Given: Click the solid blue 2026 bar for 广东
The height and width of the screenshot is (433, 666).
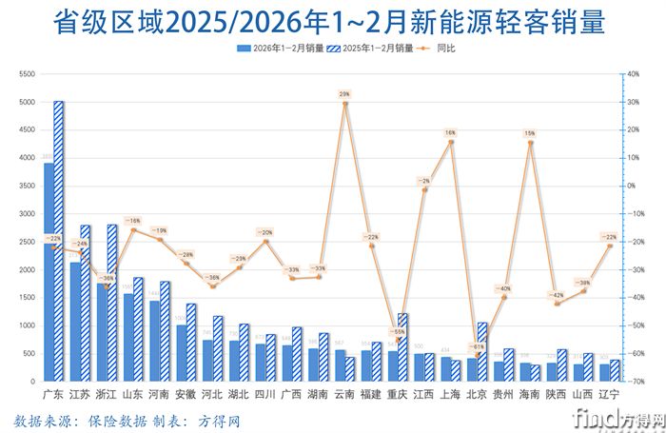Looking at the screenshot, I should (49, 276).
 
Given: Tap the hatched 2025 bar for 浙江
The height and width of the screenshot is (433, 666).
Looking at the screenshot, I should (111, 305).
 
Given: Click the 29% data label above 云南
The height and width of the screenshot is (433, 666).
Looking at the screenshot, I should (343, 94).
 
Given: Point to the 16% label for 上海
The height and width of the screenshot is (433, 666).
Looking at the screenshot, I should (450, 133).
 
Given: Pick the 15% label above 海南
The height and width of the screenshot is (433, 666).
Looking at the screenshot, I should (530, 134).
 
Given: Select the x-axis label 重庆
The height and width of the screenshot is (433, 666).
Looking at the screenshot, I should (398, 393).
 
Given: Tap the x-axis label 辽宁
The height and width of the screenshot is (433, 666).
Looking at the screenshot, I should (610, 393).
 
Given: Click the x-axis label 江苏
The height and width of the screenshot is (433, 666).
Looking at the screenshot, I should (80, 393).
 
